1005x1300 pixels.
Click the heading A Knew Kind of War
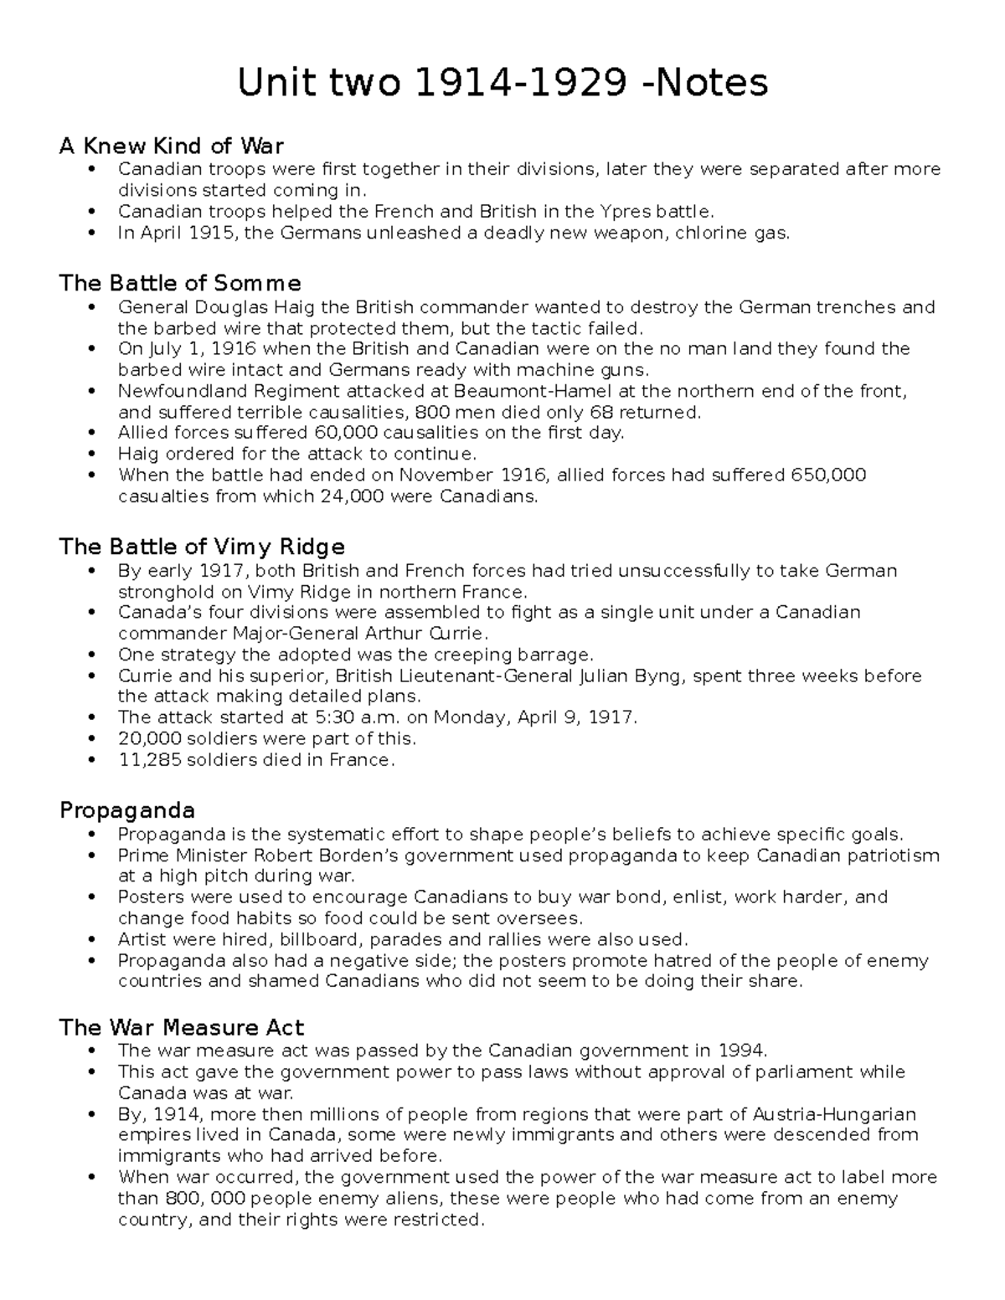pos(171,146)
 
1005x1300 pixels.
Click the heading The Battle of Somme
pos(179,283)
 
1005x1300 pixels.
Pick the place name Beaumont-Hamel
pos(523,391)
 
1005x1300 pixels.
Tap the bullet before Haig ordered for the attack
pos(91,455)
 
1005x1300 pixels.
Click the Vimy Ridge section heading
pos(201,547)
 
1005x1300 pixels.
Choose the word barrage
pos(554,655)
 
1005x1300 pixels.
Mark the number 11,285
pos(146,760)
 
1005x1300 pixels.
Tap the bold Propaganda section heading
pos(126,810)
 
